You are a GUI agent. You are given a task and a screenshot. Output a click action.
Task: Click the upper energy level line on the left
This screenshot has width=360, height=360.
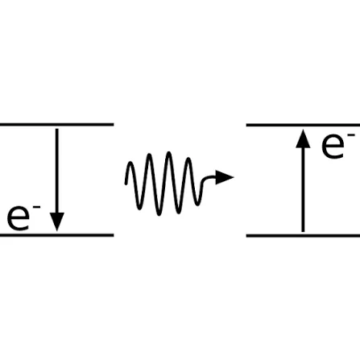click(x=56, y=125)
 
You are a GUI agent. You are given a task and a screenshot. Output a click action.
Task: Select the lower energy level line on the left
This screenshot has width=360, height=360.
click(x=56, y=235)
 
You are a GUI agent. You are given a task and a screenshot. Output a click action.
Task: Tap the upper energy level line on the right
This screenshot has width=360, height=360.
click(x=303, y=125)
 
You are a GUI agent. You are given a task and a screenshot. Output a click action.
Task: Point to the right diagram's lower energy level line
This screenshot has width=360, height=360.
click(x=303, y=236)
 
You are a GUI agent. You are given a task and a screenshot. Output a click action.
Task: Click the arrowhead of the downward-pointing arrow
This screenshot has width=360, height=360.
click(x=57, y=221)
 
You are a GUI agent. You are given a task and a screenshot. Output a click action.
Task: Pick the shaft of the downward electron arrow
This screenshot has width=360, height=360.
click(x=57, y=171)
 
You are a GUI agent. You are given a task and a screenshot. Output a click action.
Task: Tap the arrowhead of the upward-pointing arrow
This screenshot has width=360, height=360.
click(x=303, y=139)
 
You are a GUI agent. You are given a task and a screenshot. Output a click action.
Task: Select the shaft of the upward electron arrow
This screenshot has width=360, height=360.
click(x=303, y=189)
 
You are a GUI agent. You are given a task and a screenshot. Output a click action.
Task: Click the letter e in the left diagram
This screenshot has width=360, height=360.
click(x=19, y=218)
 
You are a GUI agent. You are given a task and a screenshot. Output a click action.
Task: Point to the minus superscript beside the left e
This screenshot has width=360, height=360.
click(x=36, y=207)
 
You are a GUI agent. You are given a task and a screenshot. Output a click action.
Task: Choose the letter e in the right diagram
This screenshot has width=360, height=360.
click(x=333, y=146)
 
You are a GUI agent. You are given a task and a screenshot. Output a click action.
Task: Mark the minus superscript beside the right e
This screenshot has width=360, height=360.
click(x=351, y=134)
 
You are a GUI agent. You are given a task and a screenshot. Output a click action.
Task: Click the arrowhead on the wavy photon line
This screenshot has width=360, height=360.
click(x=225, y=177)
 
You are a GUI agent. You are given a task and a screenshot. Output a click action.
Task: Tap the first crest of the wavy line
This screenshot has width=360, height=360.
click(x=130, y=163)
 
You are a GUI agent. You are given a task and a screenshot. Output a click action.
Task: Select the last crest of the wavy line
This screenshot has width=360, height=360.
click(x=188, y=159)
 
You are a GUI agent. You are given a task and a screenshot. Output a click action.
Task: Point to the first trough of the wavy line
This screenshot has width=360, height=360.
click(x=139, y=209)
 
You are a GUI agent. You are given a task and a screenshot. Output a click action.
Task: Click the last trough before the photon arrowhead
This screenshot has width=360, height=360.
click(x=198, y=205)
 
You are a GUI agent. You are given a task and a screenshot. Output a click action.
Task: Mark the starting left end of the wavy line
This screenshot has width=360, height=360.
click(x=126, y=184)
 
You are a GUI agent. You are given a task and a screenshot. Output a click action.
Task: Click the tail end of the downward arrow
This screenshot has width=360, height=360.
click(x=57, y=129)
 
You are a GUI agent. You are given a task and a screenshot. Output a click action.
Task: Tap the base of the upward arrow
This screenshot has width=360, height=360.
click(x=303, y=231)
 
